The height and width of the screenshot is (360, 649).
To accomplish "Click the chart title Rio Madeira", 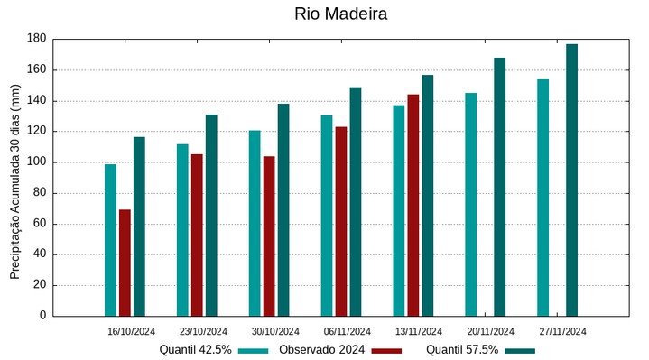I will tap(340, 14).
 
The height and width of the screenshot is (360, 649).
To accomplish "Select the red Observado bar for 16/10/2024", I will tap(125, 263).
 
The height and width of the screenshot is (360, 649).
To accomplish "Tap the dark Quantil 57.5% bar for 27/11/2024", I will tap(571, 180).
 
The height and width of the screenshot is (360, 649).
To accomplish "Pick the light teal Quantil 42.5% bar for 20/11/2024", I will tap(470, 204).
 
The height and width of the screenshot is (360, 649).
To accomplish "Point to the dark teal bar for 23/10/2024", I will tap(211, 215).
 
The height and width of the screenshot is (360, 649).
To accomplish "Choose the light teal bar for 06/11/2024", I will tap(327, 216).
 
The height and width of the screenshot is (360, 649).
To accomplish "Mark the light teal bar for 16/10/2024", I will tap(110, 240).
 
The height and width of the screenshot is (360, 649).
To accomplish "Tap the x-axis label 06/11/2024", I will tap(347, 331).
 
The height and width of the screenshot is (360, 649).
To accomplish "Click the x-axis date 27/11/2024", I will tap(562, 331).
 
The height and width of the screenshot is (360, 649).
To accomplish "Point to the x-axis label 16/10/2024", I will tap(131, 331).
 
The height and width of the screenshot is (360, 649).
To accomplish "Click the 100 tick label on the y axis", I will tap(36, 162).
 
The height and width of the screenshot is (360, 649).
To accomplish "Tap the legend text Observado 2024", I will tap(321, 349).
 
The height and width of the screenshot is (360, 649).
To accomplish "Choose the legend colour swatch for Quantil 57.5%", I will tap(519, 350).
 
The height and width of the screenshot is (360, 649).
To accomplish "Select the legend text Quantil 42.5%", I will tap(196, 349).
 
